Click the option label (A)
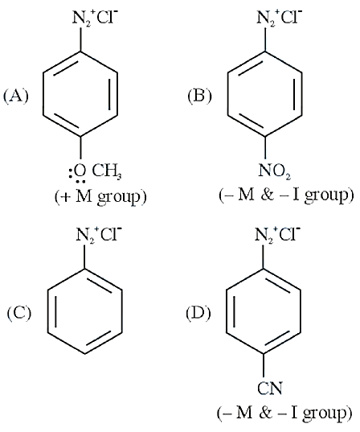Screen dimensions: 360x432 click(16, 97)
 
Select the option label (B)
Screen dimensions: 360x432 click(200, 97)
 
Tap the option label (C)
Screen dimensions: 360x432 click(19, 313)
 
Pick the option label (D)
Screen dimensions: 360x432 click(198, 313)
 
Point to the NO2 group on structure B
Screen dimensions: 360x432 click(274, 171)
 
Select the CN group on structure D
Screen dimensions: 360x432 click(270, 388)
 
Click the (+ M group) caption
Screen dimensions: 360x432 click(100, 197)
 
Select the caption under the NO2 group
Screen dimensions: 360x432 click(286, 195)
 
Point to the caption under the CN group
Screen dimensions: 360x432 click(284, 413)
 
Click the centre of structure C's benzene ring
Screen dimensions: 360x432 click(85, 311)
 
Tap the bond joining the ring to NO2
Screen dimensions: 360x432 click(266, 148)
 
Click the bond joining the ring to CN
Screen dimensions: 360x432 click(264, 365)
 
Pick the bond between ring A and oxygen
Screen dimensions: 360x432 click(80, 148)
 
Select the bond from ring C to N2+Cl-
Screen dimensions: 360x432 click(85, 257)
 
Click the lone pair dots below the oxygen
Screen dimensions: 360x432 click(80, 182)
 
